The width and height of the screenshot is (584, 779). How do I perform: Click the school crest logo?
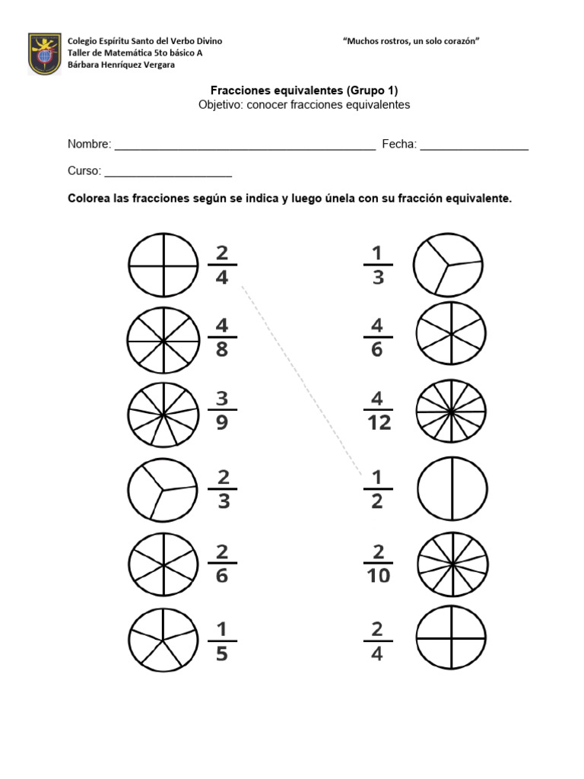44,53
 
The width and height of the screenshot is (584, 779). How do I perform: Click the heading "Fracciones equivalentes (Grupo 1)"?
304,90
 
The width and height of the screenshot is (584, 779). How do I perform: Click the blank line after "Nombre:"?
244,145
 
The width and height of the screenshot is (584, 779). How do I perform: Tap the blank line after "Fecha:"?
474,145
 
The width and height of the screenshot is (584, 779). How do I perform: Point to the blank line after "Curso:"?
168,171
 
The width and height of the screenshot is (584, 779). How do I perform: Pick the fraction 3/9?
222,411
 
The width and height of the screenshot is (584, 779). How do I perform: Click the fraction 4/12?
378,411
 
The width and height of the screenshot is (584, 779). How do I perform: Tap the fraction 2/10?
378,563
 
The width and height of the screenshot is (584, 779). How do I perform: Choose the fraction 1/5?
222,641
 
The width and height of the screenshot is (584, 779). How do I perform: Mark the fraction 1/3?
378,265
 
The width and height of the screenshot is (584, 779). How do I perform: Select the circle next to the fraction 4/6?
451,334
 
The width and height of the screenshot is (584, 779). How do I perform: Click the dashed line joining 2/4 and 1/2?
301,378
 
